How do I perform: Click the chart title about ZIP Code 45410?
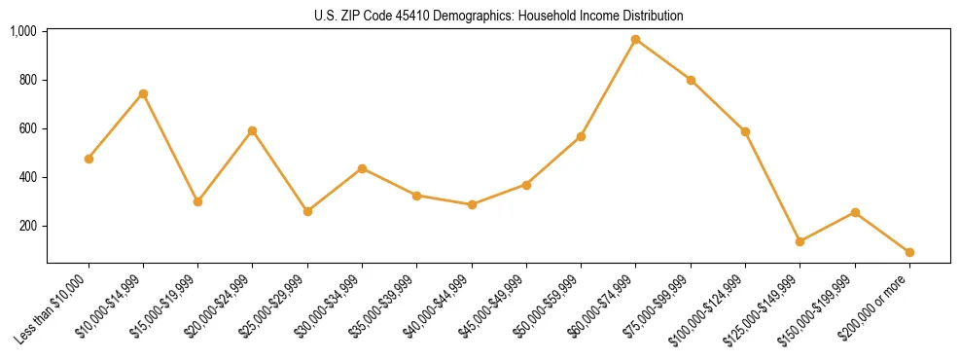pyautogui.click(x=499, y=16)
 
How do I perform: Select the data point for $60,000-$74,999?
pyautogui.click(x=635, y=40)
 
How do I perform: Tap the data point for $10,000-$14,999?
pyautogui.click(x=143, y=93)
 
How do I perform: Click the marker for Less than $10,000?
pyautogui.click(x=89, y=159)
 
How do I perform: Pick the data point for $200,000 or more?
pyautogui.click(x=909, y=252)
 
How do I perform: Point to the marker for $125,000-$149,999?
pyautogui.click(x=800, y=241)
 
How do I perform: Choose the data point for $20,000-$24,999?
pyautogui.click(x=253, y=130)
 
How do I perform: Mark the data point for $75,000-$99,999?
pyautogui.click(x=691, y=80)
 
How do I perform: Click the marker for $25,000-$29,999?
pyautogui.click(x=307, y=211)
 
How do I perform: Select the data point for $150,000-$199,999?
pyautogui.click(x=855, y=212)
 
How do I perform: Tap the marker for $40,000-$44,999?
pyautogui.click(x=472, y=204)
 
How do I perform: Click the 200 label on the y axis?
pyautogui.click(x=27, y=226)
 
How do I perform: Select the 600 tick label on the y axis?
pyautogui.click(x=27, y=128)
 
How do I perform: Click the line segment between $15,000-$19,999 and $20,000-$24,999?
pyautogui.click(x=226, y=165)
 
